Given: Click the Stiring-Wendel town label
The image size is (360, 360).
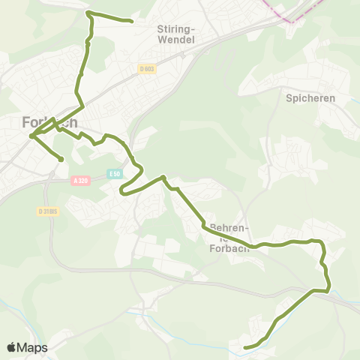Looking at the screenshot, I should (x=177, y=34).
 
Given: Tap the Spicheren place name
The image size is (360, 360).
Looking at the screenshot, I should (x=309, y=98).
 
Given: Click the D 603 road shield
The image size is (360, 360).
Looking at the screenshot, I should (x=146, y=69).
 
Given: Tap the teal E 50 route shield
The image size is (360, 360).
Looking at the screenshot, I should (x=113, y=173).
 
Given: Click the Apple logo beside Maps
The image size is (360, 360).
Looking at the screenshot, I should (x=12, y=347).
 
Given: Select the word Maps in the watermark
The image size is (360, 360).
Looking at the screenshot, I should (x=33, y=348).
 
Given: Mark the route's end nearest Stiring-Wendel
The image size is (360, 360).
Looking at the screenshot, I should (x=132, y=22).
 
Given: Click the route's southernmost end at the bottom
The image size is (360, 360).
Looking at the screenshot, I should (x=246, y=347).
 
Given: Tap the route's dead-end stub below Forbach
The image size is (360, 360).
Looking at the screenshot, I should (x=61, y=159).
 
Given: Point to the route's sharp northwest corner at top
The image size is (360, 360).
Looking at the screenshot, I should (x=88, y=13).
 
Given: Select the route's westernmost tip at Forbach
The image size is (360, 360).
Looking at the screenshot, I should (x=31, y=136).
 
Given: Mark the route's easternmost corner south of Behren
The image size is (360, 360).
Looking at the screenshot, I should (x=328, y=289).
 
